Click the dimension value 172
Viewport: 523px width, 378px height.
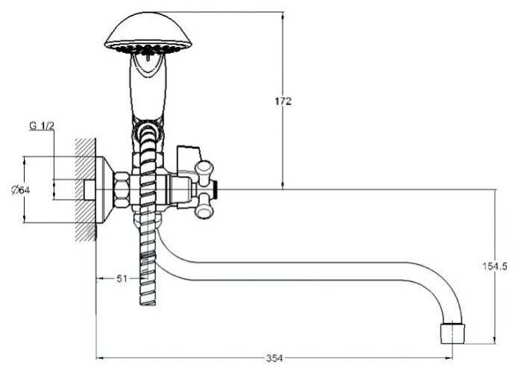click(283, 101)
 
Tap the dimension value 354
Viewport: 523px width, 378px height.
click(274, 359)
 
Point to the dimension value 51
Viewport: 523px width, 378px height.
click(123, 278)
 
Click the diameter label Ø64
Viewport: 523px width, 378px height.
click(21, 189)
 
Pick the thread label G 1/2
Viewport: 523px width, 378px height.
click(43, 126)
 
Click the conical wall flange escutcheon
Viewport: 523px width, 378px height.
click(103, 189)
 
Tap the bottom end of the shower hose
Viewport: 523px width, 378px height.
click(148, 297)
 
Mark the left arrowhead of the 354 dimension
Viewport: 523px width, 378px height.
click(99, 359)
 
